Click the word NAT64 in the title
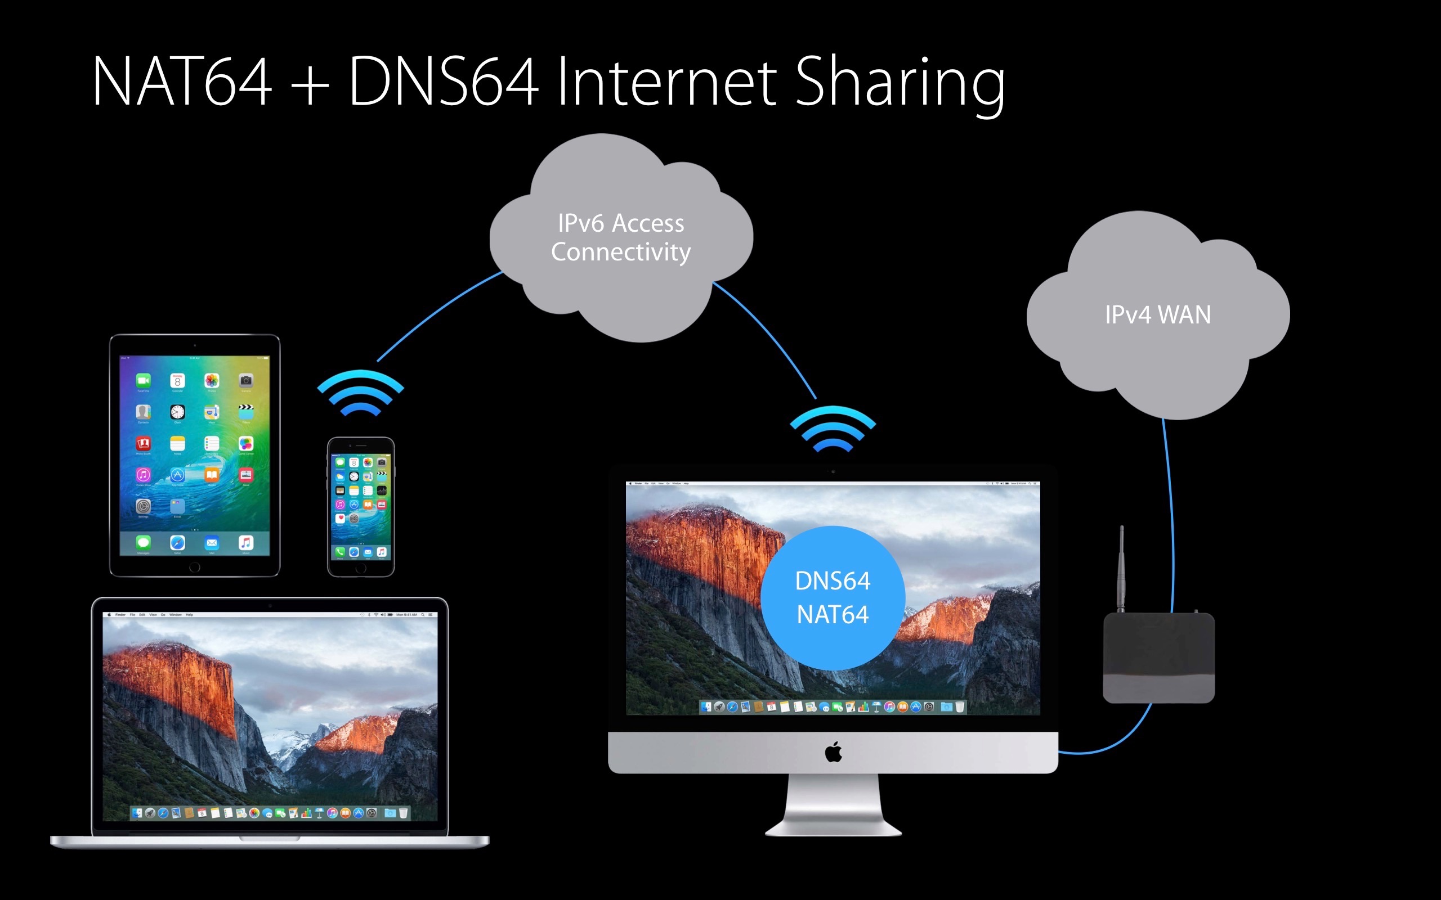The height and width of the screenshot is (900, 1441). point(182,82)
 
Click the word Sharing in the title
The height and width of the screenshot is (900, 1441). point(899,83)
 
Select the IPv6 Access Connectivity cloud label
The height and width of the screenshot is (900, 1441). point(621,237)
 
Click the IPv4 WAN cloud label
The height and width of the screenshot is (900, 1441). point(1157,315)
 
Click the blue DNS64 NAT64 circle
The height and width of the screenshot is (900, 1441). point(833,597)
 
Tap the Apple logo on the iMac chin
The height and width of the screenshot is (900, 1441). point(833,753)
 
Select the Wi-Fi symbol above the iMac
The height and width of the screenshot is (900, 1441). point(833,429)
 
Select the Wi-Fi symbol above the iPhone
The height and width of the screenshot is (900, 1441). point(360,393)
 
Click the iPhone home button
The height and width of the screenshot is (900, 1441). point(361,568)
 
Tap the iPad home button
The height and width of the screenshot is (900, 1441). point(195,567)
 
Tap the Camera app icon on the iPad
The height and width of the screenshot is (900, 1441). point(246,380)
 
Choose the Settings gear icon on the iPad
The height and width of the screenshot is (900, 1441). point(143,506)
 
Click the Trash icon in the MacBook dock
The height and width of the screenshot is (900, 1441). point(403,813)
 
